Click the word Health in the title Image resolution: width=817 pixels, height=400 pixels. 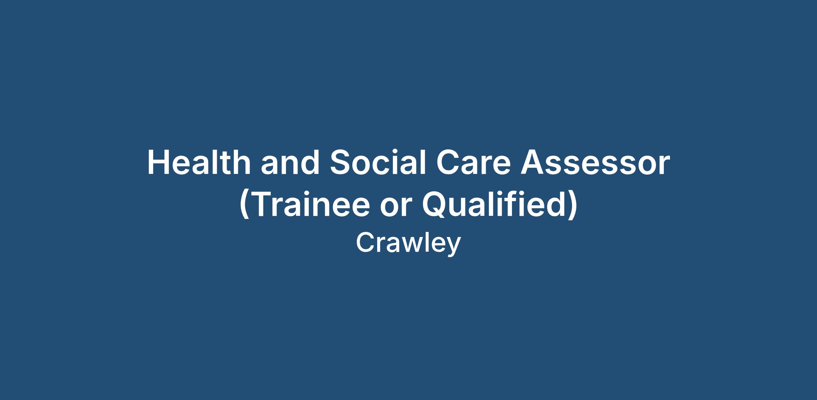[199, 163]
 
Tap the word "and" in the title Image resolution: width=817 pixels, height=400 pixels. [290, 163]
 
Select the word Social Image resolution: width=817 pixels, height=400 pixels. [378, 163]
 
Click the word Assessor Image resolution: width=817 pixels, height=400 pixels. [595, 163]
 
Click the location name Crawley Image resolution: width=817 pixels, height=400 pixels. [408, 243]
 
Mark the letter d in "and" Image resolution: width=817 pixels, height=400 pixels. [309, 163]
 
